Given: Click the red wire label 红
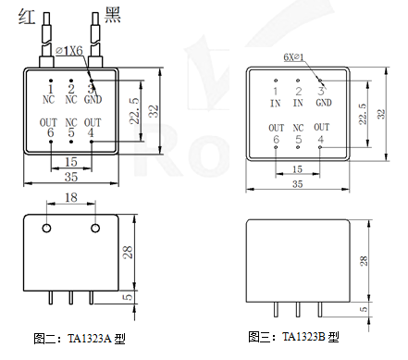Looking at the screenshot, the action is (x=27, y=17).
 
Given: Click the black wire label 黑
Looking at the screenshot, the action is (x=113, y=15).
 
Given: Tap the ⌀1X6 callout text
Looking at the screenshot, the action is (x=69, y=51).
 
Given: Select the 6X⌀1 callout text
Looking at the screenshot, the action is (x=293, y=57).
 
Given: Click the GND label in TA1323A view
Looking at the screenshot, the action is (x=93, y=99).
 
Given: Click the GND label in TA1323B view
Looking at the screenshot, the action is (x=324, y=103).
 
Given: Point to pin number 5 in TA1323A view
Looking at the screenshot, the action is (x=71, y=132).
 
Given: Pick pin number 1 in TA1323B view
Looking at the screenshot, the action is (x=276, y=92).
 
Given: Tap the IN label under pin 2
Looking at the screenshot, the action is (x=298, y=103).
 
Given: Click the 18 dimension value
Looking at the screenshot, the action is (x=71, y=197).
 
